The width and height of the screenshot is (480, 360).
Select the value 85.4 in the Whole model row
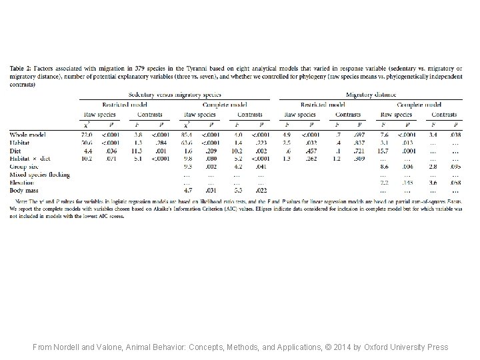pos(187,135)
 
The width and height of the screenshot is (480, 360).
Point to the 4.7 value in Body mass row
pos(187,190)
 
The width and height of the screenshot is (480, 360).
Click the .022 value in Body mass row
pos(262,190)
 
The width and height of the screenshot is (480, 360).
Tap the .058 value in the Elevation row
pos(456,182)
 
